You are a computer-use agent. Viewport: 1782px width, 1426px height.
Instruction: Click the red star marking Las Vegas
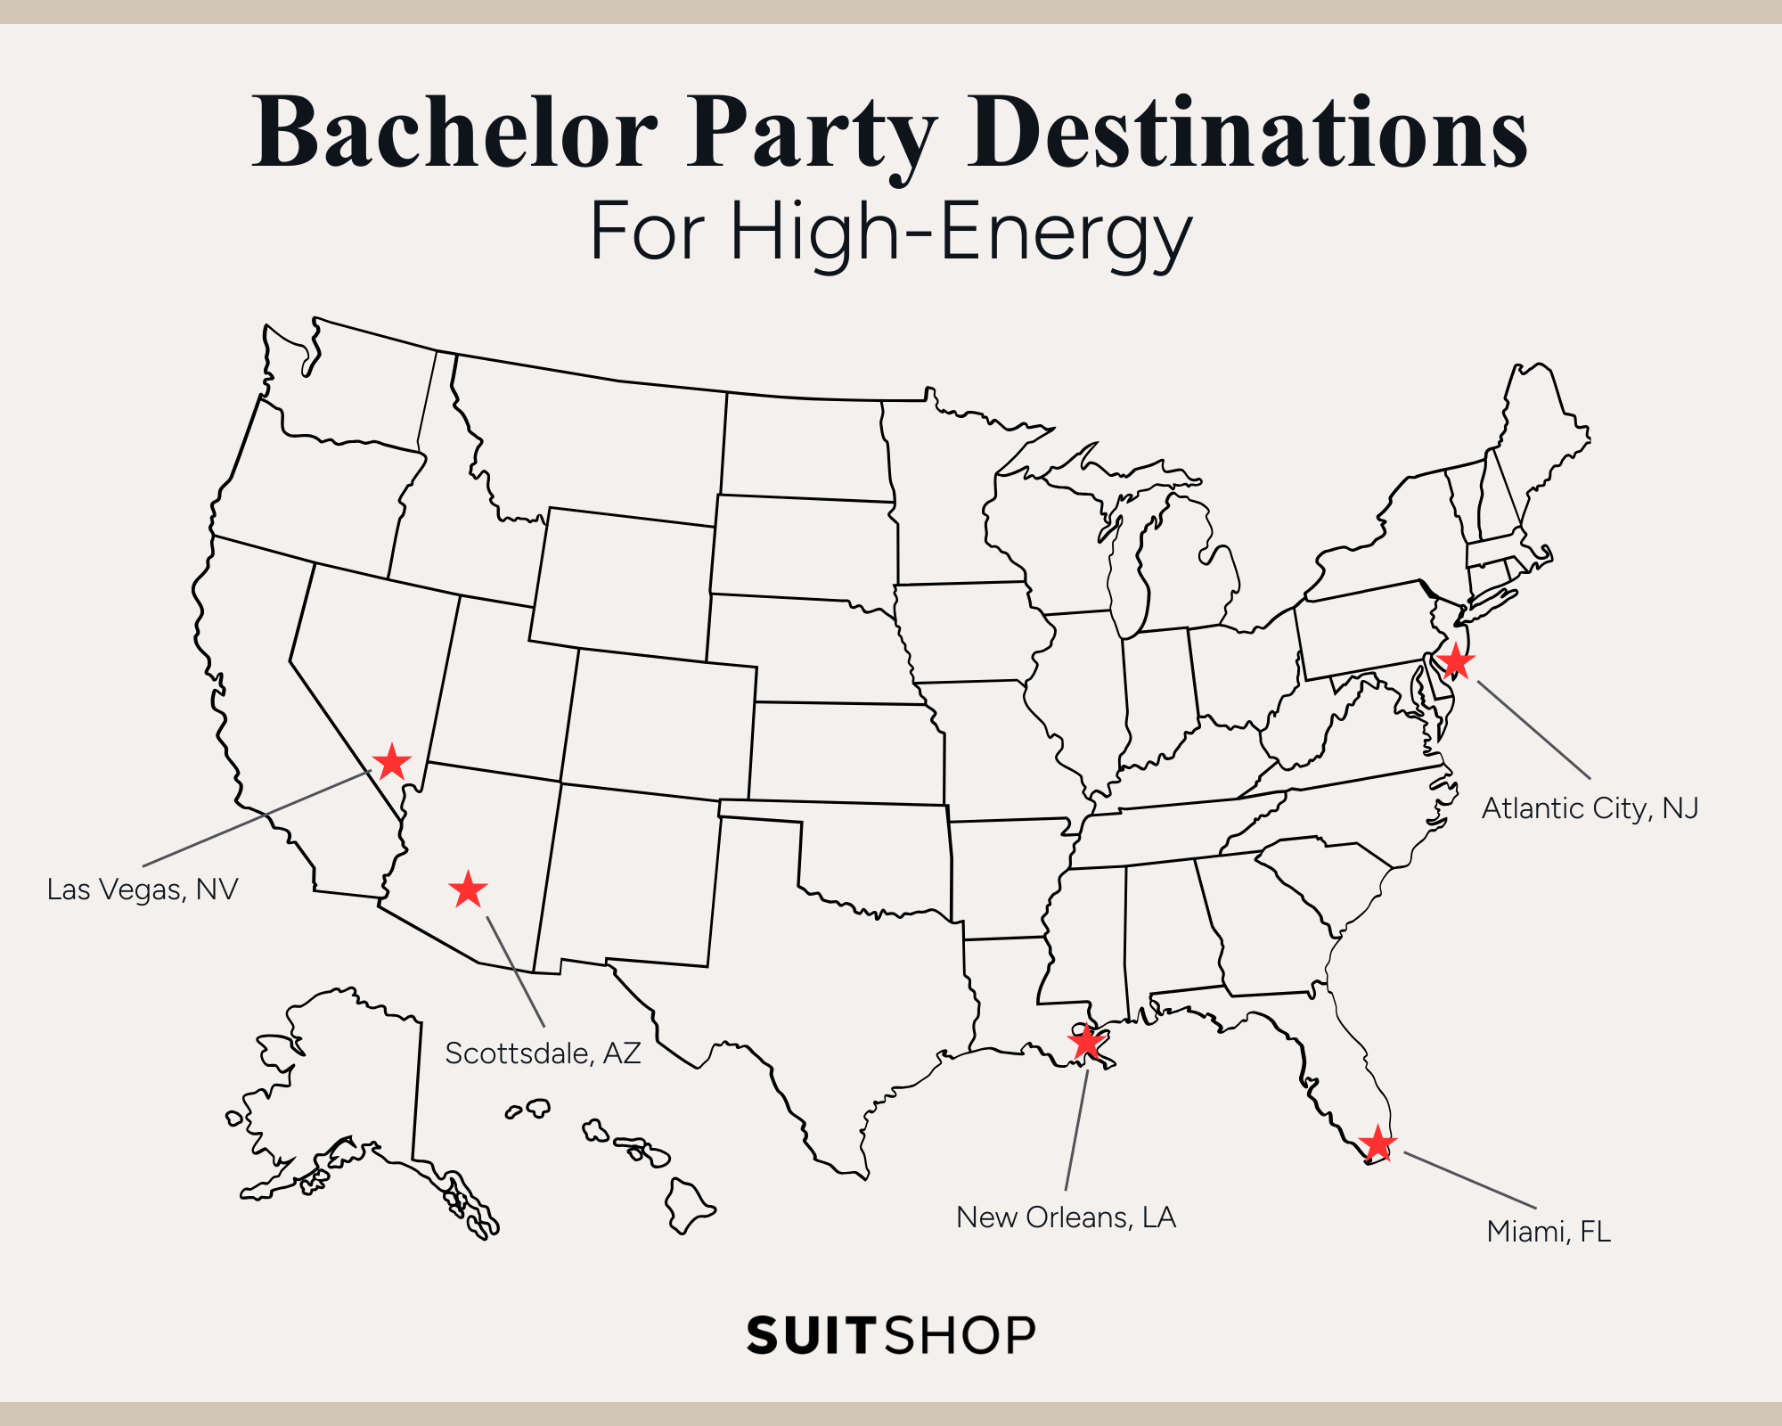(391, 762)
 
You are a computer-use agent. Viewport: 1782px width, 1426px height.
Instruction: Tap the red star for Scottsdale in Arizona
(468, 889)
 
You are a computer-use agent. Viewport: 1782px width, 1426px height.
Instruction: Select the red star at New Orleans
(1087, 1041)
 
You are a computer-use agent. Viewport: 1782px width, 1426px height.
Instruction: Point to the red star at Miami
(1377, 1143)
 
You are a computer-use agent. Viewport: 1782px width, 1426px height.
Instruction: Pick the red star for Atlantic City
(1455, 661)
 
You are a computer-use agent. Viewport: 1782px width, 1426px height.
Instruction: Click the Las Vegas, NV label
(143, 889)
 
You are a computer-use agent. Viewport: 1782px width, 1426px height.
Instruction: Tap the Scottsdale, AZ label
(543, 1053)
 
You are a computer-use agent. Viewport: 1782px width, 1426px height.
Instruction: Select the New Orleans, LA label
(1066, 1217)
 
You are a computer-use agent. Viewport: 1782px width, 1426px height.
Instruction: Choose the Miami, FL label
(1549, 1232)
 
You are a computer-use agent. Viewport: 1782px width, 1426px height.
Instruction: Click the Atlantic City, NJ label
(1590, 808)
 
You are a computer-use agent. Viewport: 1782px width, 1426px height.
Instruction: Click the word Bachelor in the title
(454, 134)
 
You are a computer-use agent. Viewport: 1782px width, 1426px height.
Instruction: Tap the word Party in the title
(811, 134)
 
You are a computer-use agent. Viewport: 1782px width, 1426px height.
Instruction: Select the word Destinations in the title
(1247, 134)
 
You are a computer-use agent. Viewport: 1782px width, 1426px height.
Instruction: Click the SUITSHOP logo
(891, 1335)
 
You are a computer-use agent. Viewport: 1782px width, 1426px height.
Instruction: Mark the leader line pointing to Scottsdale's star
(515, 971)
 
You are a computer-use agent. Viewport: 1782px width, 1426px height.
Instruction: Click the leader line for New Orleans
(1076, 1130)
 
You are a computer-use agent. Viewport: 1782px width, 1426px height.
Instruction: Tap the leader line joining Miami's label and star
(1470, 1180)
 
